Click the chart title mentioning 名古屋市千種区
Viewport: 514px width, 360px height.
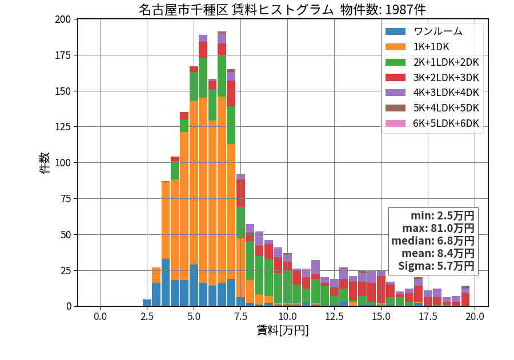pyautogui.click(x=282, y=10)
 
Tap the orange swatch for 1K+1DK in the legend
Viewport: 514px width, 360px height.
pyautogui.click(x=395, y=47)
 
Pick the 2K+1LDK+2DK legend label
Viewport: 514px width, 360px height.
pyautogui.click(x=446, y=62)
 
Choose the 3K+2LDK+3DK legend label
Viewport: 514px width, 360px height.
pyautogui.click(x=446, y=78)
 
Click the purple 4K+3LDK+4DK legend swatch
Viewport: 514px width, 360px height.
pyautogui.click(x=395, y=93)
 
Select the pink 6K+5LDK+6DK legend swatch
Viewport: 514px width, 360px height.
pyautogui.click(x=395, y=123)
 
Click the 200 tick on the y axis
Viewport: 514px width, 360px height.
pyautogui.click(x=63, y=19)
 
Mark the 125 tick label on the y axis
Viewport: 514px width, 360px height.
pyautogui.click(x=63, y=126)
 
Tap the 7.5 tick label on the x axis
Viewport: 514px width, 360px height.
pyautogui.click(x=240, y=317)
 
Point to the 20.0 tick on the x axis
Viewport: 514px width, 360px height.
pyautogui.click(x=475, y=317)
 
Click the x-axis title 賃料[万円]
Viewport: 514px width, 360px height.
pyautogui.click(x=283, y=330)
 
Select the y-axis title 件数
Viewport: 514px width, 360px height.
pyautogui.click(x=45, y=163)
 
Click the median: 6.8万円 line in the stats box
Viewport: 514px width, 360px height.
pyautogui.click(x=433, y=241)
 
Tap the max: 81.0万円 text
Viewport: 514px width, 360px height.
pyautogui.click(x=438, y=228)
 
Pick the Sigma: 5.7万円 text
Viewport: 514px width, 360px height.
pyautogui.click(x=436, y=266)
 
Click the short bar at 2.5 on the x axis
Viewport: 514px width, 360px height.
pyautogui.click(x=147, y=303)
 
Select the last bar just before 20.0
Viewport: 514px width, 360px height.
pyautogui.click(x=465, y=296)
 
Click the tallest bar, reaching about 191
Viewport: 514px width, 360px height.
pyautogui.click(x=222, y=169)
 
